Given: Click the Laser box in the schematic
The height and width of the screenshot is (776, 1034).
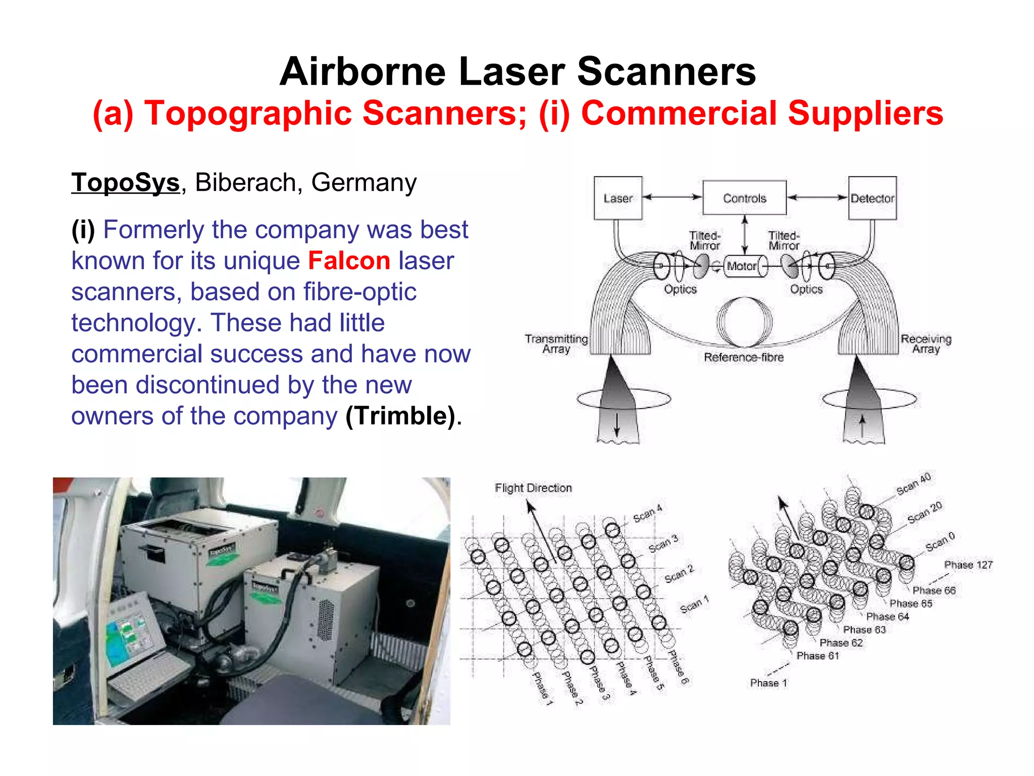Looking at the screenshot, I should (617, 198).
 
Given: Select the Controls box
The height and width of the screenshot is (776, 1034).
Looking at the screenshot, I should (744, 198).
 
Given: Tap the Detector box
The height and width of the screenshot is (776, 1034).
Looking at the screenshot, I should (872, 198).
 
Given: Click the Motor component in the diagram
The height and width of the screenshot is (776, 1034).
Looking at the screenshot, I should (741, 266).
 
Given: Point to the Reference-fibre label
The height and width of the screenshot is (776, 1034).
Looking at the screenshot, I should (744, 357).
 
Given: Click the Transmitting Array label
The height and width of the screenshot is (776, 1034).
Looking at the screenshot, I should (556, 344).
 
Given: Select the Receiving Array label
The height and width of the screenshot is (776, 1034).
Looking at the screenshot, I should (926, 344).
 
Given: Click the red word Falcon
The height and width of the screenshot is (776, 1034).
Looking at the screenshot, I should (349, 261).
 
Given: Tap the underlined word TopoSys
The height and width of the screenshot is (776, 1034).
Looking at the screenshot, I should (125, 182).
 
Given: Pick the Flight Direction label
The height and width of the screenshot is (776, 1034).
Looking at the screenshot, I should (533, 488).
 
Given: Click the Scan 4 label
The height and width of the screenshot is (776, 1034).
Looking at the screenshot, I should (647, 513).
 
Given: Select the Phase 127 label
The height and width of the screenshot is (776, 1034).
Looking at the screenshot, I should (968, 565).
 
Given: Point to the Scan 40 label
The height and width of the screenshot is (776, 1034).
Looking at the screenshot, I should (913, 484).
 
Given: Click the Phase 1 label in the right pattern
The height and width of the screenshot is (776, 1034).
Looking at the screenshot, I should (768, 683).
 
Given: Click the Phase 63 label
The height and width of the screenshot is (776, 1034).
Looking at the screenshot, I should (864, 629).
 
